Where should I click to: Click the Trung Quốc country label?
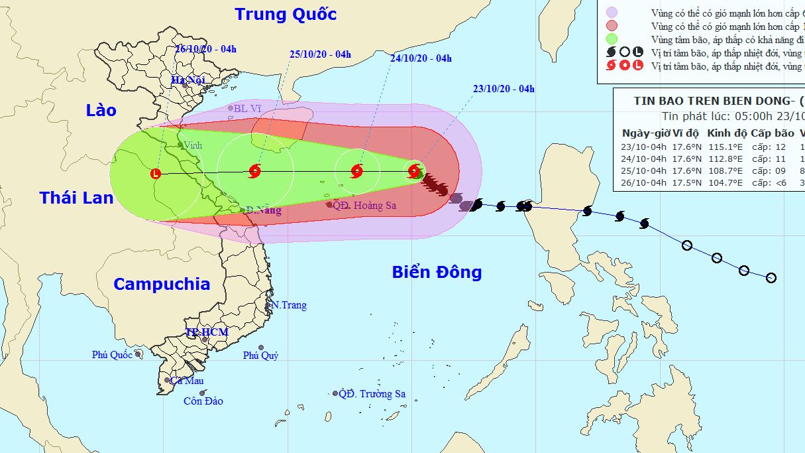pos(286,14)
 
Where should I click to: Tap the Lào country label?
pos(101,110)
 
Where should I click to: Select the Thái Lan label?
pos(76,198)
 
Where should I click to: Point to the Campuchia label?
pos(162,285)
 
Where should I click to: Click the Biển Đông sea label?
pos(437,272)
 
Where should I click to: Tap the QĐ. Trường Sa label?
pos(372,394)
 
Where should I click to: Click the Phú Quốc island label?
pos(113,355)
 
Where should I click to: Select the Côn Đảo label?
pos(203,401)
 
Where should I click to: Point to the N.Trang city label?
pos(289,305)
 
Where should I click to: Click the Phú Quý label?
pos(260,356)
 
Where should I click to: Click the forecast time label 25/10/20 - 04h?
pos(320,54)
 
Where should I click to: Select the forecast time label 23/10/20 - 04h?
pos(504,89)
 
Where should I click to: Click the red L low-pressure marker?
pos(156,174)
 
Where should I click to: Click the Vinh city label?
pos(193,145)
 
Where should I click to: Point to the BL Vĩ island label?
pos(246,107)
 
